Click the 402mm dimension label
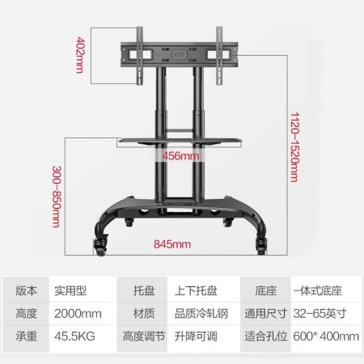80,55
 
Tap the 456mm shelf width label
181,156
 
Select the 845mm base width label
172,244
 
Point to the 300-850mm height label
57,197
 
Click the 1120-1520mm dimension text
295,147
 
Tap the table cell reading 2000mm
78,314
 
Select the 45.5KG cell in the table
74,336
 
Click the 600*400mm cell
326,336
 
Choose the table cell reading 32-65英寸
320,314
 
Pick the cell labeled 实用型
70,290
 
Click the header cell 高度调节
144,336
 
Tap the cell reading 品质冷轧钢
201,314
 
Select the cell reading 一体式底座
318,290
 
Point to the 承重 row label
26,336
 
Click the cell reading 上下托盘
196,290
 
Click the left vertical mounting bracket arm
140,56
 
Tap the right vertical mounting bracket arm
219,56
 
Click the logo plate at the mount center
180,54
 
